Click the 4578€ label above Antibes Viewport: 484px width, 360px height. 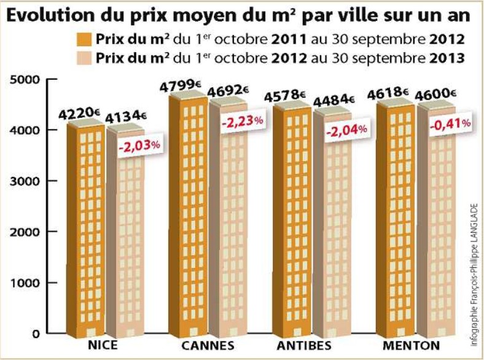point(284,96)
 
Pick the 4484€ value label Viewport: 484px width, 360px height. point(334,100)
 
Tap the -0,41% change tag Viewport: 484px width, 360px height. point(451,123)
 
